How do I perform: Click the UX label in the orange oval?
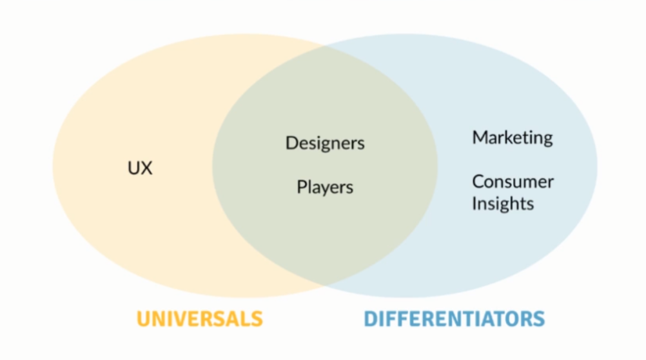(140, 168)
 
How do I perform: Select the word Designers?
(325, 143)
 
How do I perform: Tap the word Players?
(325, 188)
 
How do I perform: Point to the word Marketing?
(513, 137)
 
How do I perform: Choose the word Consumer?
(513, 181)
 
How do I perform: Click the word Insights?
(503, 204)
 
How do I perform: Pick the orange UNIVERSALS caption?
(199, 319)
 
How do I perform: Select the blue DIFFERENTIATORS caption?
(454, 319)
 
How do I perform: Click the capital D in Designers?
(291, 142)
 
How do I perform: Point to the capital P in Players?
(301, 187)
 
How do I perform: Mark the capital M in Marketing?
(480, 137)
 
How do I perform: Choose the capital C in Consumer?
(478, 181)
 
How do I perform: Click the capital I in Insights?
(475, 203)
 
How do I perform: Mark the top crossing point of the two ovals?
(325, 47)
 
